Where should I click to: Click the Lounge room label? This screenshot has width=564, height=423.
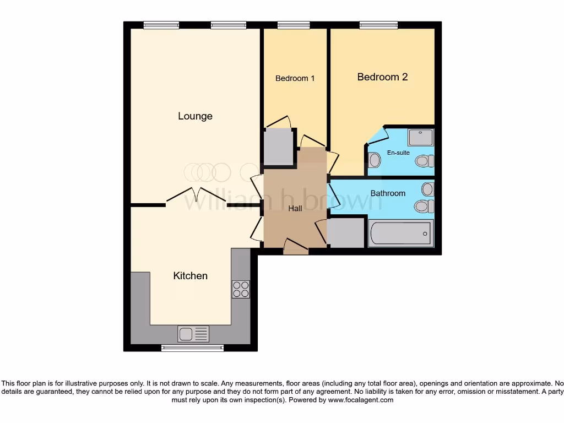point(195,116)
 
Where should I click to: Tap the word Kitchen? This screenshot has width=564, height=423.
point(191,275)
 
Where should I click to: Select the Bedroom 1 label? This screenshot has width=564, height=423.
point(295,78)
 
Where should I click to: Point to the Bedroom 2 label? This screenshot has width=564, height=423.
point(382,77)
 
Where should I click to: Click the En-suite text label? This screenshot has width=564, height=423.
point(398,153)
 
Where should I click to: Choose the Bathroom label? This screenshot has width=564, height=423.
point(388,193)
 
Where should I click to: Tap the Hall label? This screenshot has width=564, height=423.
point(295,209)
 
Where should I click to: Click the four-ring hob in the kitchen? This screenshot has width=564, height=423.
point(241,289)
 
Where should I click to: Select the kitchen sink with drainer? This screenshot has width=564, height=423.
point(193,334)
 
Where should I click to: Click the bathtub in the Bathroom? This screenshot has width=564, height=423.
point(401,234)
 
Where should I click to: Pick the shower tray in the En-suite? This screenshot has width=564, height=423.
point(421,137)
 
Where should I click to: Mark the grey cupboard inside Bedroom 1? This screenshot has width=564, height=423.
point(278,147)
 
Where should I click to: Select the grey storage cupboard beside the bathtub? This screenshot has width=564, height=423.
point(346,233)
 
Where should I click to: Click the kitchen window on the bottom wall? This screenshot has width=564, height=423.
point(192,348)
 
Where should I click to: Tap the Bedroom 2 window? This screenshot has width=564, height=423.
point(378,25)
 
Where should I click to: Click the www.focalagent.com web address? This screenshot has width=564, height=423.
point(360,400)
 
